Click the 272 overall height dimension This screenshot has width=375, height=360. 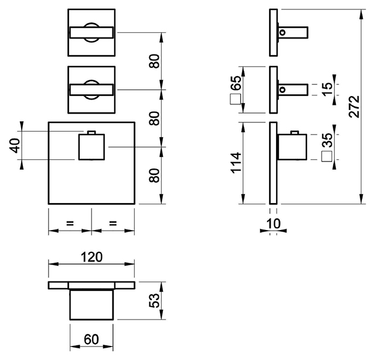pyautogui.click(x=354, y=107)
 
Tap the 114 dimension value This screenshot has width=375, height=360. pyautogui.click(x=236, y=163)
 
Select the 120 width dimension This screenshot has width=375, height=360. pyautogui.click(x=91, y=257)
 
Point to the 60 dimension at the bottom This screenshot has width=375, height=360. pyautogui.click(x=91, y=339)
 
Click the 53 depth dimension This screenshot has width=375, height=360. pyautogui.click(x=154, y=300)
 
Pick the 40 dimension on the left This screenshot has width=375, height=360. pyautogui.click(x=15, y=146)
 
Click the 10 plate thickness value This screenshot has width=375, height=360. pyautogui.click(x=273, y=224)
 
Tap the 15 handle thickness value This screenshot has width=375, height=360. pyautogui.click(x=328, y=90)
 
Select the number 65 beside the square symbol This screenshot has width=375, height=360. pyautogui.click(x=237, y=83)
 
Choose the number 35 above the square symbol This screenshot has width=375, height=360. pyautogui.click(x=328, y=140)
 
